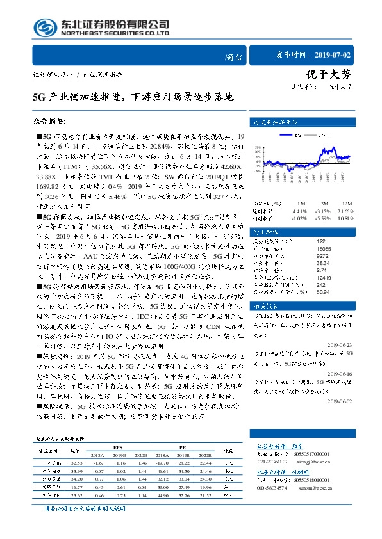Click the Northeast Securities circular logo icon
tap(43, 26)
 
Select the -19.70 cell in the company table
tap(162, 462)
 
